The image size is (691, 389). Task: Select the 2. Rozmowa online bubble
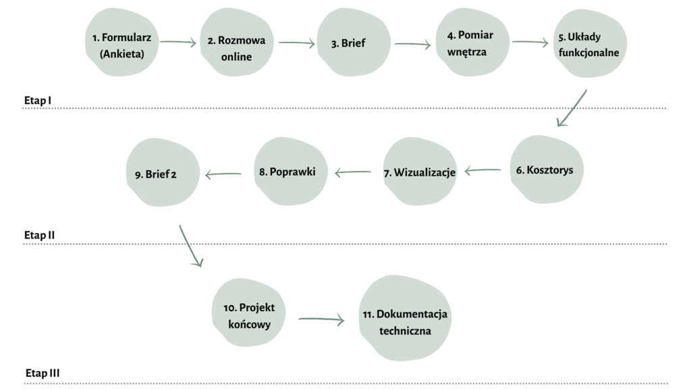pyautogui.click(x=236, y=48)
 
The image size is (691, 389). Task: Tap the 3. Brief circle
pyautogui.click(x=352, y=44)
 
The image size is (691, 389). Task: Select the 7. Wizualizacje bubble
pyautogui.click(x=419, y=172)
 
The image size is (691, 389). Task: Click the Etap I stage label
pyautogui.click(x=38, y=101)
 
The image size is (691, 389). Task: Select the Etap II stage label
pyautogui.click(x=39, y=235)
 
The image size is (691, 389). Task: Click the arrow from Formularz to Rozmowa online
pyautogui.click(x=178, y=43)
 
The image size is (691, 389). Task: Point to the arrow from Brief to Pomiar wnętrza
pyautogui.click(x=412, y=45)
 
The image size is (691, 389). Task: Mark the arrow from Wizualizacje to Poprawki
pyautogui.click(x=353, y=173)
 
